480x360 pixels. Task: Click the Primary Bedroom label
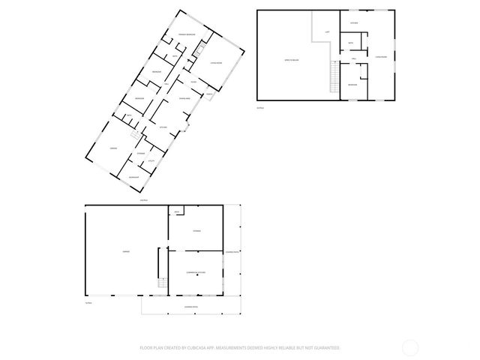(187, 35)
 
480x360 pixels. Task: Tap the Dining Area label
(184, 99)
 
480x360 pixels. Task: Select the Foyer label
(193, 81)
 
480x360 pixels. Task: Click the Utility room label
(150, 160)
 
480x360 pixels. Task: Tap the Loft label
(327, 32)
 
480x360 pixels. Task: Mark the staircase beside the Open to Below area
(334, 74)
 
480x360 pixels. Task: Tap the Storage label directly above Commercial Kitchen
(196, 230)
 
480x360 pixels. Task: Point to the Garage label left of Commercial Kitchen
(125, 253)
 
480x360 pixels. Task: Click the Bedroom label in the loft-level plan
(352, 85)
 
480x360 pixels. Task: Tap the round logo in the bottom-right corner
(410, 347)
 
